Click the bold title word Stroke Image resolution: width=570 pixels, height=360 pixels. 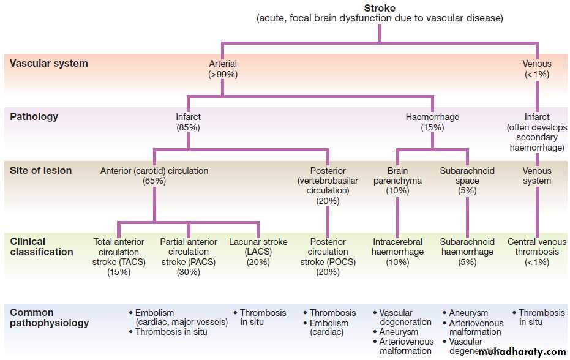(380, 8)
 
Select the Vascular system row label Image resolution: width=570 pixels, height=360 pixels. (49, 63)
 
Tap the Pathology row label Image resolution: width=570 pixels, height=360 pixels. (34, 116)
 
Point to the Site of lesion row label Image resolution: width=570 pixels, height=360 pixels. (41, 170)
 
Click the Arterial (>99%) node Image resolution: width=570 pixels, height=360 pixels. (223, 69)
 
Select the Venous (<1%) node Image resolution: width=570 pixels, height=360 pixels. (536, 69)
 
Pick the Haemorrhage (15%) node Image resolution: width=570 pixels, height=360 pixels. (432, 122)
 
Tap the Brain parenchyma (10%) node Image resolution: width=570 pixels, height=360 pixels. (397, 181)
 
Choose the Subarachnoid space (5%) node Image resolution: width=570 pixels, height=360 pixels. (467, 181)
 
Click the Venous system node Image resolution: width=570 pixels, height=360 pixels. (537, 176)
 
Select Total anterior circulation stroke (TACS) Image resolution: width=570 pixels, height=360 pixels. (119, 257)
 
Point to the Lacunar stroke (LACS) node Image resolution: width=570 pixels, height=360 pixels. (258, 252)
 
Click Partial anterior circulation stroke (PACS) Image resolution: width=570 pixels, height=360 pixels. (189, 257)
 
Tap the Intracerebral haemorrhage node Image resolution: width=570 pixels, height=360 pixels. (398, 252)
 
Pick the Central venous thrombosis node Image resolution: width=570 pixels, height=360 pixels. (537, 252)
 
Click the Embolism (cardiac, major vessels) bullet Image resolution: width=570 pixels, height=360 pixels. (178, 317)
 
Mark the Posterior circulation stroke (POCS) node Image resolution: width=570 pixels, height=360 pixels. (328, 257)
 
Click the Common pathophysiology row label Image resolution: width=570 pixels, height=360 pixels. (50, 317)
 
